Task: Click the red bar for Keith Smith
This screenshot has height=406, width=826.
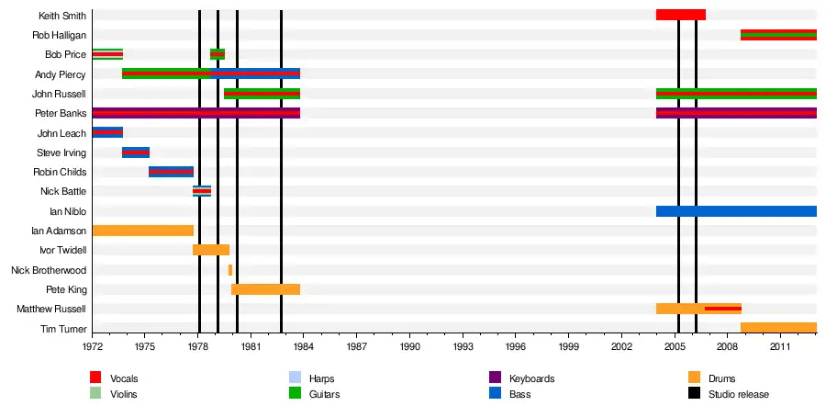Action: click(x=680, y=15)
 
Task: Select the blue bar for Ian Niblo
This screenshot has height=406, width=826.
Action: click(x=736, y=211)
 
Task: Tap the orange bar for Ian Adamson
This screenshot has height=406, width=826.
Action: click(x=142, y=231)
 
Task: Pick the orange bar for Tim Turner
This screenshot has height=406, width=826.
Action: click(x=778, y=328)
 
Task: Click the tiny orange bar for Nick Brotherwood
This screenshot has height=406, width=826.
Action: click(x=230, y=270)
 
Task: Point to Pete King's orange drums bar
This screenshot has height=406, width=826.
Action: click(x=265, y=289)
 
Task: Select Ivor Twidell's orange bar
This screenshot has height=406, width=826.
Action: click(x=211, y=250)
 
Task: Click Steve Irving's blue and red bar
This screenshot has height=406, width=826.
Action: click(x=136, y=152)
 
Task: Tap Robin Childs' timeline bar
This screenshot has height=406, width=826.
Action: click(x=171, y=172)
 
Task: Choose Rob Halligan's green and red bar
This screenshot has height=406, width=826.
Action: click(x=778, y=35)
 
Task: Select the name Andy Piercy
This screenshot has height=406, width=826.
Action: click(x=60, y=74)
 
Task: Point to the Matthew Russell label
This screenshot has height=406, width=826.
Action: click(x=51, y=310)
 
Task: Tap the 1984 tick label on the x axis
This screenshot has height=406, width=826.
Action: click(x=304, y=347)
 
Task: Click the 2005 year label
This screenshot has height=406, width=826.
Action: click(x=675, y=347)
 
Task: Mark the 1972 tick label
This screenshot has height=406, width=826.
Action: click(x=93, y=347)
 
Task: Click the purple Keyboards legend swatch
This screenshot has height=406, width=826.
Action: click(x=494, y=378)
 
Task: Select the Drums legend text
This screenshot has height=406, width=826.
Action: click(x=721, y=378)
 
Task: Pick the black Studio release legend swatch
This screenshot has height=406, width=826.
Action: click(x=694, y=393)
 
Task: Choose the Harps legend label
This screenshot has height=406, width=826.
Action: click(x=321, y=378)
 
